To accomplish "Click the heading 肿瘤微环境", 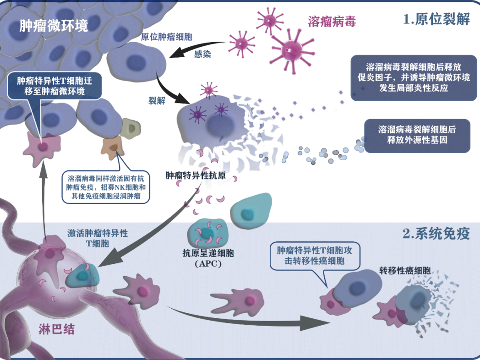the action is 54,26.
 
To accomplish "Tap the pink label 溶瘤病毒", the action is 332,22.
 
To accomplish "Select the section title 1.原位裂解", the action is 436,19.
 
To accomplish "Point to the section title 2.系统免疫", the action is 436,234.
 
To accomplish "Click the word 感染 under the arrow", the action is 202,54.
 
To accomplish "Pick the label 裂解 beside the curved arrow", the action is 157,100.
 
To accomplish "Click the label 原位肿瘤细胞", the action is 167,37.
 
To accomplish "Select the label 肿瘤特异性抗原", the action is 196,175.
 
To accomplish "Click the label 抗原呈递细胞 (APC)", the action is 208,258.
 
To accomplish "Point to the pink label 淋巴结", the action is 57,329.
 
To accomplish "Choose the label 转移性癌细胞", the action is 405,270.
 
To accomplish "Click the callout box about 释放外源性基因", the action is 417,136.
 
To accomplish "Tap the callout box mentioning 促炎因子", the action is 414,78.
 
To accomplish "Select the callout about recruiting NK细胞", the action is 106,187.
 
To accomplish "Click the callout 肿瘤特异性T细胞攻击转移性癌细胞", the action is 314,256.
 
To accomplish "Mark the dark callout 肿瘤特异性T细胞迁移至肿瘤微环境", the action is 54,86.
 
